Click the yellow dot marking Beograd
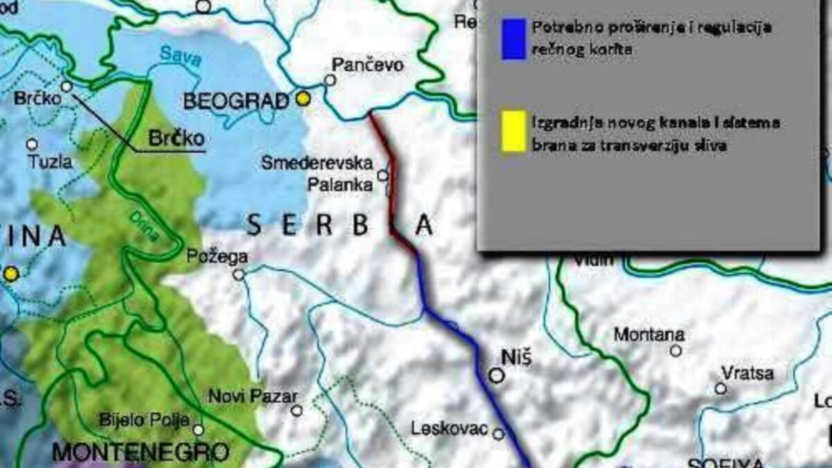(x=302, y=98)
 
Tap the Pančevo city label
(x=367, y=65)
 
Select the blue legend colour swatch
(x=513, y=40)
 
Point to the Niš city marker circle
(x=496, y=375)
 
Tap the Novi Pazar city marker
(x=297, y=410)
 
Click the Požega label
(x=218, y=257)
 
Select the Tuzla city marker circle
(x=32, y=144)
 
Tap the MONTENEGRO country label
(x=141, y=453)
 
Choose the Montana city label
(x=649, y=334)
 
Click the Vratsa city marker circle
(x=721, y=388)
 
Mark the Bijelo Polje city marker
(x=198, y=430)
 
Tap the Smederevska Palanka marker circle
(x=383, y=175)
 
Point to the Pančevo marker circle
(x=330, y=80)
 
